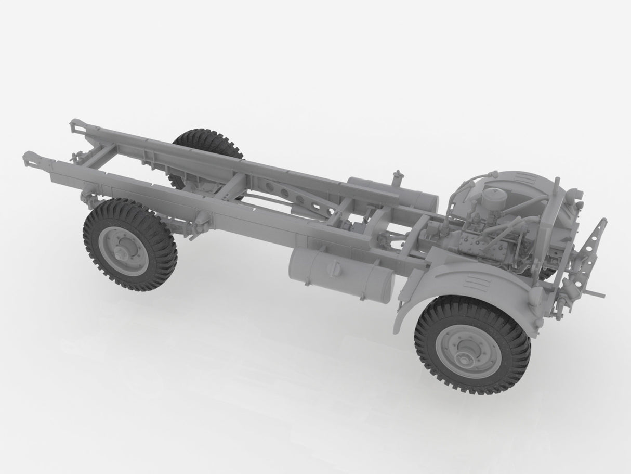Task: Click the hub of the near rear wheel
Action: (123, 253)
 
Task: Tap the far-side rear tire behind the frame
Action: (208, 140)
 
